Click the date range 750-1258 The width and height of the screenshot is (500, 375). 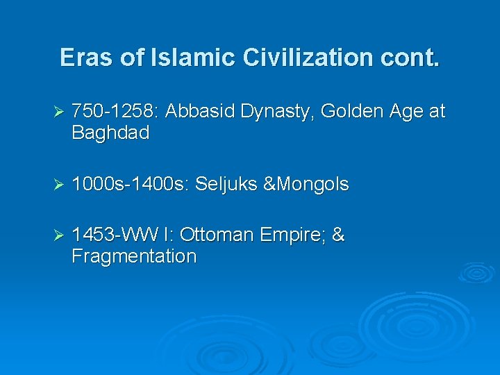pos(114,112)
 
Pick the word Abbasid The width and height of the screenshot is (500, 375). pos(201,112)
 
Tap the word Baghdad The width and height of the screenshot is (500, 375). pos(110,133)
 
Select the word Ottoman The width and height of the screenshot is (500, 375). pos(219,235)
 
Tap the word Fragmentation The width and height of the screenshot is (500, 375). pos(134,257)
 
